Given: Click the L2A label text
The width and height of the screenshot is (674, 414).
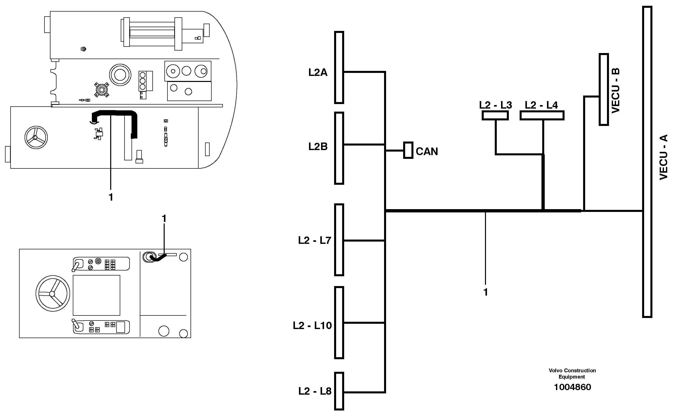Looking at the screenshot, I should click(x=318, y=73).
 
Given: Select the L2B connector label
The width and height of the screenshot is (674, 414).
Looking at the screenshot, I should click(x=318, y=147).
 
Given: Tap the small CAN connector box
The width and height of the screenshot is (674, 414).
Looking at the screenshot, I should click(x=408, y=150).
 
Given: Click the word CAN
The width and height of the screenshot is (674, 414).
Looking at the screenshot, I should click(x=426, y=152).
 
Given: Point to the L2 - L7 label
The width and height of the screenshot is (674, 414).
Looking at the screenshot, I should click(x=314, y=241).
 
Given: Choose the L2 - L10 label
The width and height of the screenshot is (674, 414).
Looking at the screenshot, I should click(x=312, y=326).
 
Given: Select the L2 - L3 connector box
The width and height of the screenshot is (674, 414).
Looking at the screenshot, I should click(x=495, y=115).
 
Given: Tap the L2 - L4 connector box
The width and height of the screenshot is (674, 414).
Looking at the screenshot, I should click(x=542, y=115).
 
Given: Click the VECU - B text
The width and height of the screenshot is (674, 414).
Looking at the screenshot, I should click(x=615, y=90).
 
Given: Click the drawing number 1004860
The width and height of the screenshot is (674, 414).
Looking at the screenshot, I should click(x=572, y=387).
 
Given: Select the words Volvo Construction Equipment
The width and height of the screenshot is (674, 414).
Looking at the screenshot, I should click(x=572, y=374).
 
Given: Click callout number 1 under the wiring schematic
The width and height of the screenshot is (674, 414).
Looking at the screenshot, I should click(x=485, y=292).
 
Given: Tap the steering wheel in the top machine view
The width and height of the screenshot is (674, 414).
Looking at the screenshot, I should click(x=36, y=137).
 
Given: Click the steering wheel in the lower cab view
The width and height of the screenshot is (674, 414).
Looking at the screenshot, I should click(x=52, y=293).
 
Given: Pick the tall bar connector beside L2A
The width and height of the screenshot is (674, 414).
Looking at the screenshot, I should click(x=339, y=67).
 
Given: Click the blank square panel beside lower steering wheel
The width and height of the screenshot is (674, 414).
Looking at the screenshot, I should click(x=96, y=295).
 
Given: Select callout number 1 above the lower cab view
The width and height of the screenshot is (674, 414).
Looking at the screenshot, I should click(x=164, y=219).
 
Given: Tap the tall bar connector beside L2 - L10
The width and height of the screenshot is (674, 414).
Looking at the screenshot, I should click(x=339, y=323).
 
